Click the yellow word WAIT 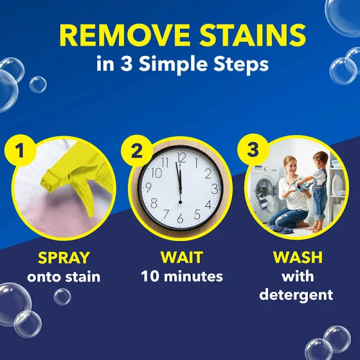click(181, 257)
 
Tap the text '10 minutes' click(181, 277)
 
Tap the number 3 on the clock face click(214, 188)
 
